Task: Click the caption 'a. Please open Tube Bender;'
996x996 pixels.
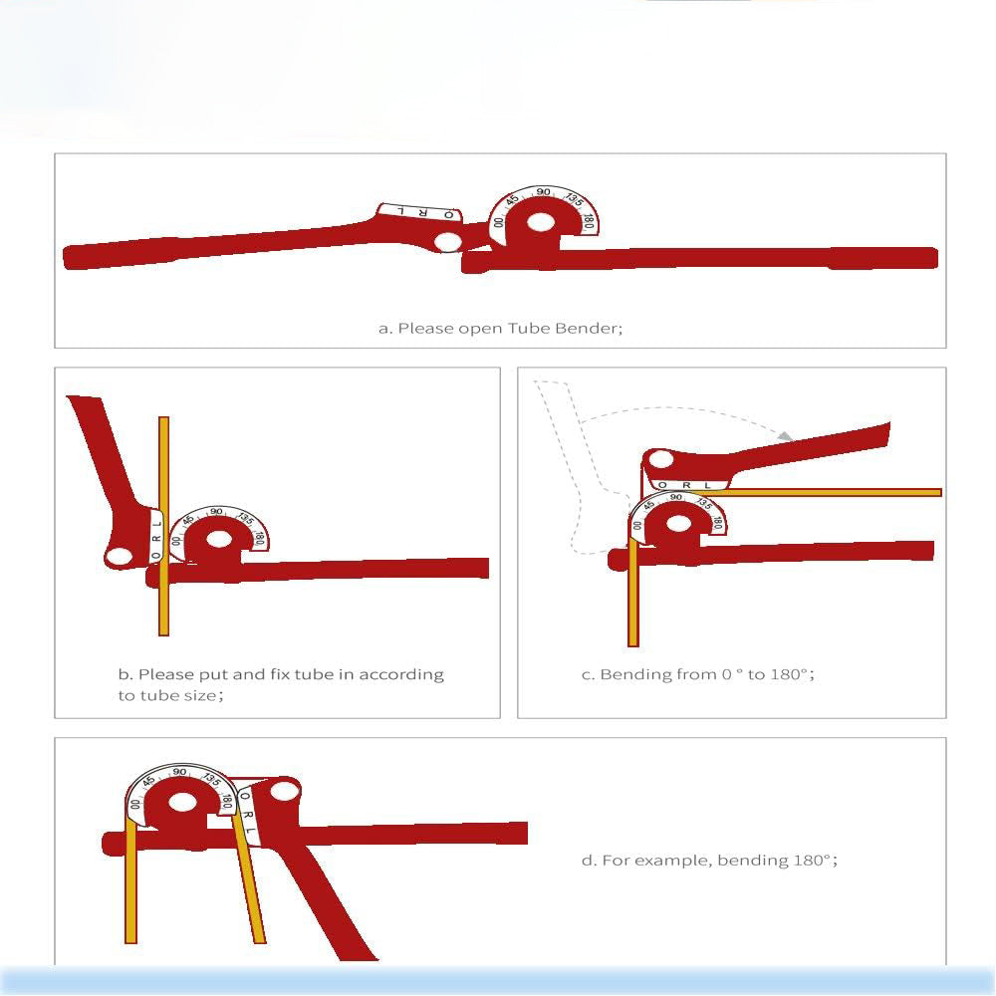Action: pyautogui.click(x=500, y=327)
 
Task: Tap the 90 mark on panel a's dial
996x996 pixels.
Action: pyautogui.click(x=543, y=192)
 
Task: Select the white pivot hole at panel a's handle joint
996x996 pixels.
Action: pyautogui.click(x=448, y=241)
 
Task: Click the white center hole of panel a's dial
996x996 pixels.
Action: pyautogui.click(x=540, y=222)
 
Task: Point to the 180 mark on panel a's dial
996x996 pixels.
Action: pyautogui.click(x=589, y=223)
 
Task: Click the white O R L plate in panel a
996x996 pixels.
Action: pyautogui.click(x=418, y=212)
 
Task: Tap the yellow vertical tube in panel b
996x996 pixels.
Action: pyautogui.click(x=164, y=468)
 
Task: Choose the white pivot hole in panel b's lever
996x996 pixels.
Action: pyautogui.click(x=120, y=556)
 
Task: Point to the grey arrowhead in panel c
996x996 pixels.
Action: pyautogui.click(x=786, y=436)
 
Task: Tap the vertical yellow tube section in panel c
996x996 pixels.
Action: pyautogui.click(x=632, y=598)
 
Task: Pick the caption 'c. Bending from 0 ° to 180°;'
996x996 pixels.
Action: pyautogui.click(x=697, y=674)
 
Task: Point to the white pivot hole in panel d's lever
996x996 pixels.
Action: pyautogui.click(x=283, y=793)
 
